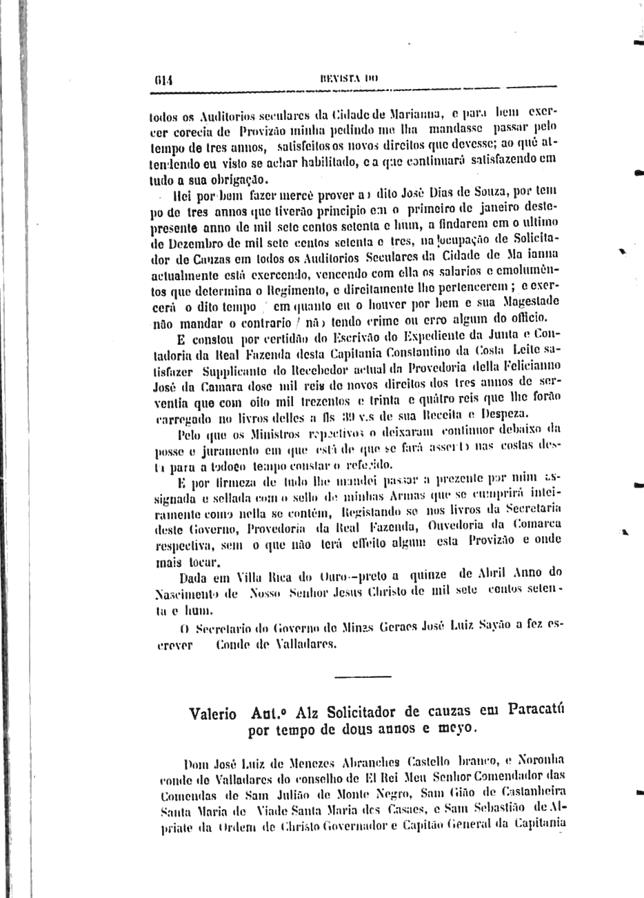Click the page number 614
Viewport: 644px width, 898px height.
click(x=163, y=79)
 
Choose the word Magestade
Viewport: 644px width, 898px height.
click(x=527, y=301)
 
